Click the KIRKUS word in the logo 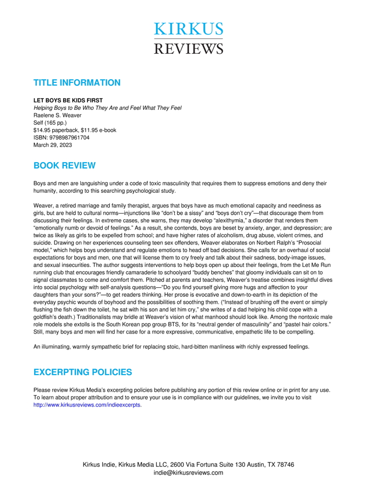(x=188, y=30)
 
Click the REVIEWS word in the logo (x=188, y=48)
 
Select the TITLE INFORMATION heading (x=77, y=83)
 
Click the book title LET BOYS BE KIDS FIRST (x=68, y=101)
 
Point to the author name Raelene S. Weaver (x=58, y=115)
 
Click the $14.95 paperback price (x=57, y=130)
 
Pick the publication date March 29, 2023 (x=53, y=145)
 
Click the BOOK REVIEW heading (x=64, y=165)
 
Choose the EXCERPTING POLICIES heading (x=83, y=372)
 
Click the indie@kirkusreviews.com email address (x=188, y=472)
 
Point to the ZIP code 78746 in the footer (x=285, y=465)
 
